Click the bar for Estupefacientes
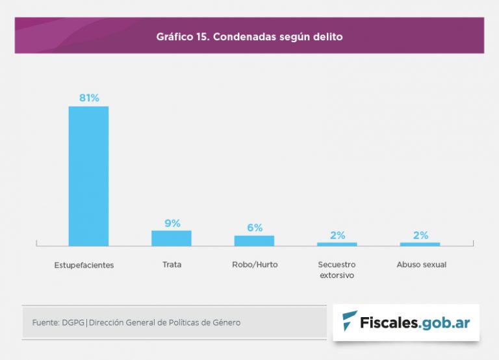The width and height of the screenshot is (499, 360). [88, 175]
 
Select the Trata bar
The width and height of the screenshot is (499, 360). [172, 238]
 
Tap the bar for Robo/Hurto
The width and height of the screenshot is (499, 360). [254, 240]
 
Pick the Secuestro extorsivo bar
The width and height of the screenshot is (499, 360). [337, 244]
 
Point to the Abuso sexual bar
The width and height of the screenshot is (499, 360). [420, 244]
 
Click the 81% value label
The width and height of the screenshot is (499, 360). [89, 98]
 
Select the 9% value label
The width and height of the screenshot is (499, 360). [172, 223]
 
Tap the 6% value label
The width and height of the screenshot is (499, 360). [255, 227]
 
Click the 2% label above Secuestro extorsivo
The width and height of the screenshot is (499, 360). [337, 235]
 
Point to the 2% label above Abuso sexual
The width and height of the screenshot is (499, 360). [420, 235]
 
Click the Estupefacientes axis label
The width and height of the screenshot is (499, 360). [84, 265]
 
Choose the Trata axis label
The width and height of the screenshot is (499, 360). [172, 264]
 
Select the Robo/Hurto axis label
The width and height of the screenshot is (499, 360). [255, 264]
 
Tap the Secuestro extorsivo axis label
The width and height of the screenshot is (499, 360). [337, 270]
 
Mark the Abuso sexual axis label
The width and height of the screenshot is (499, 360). [422, 264]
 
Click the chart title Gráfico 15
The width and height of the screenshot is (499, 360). [249, 36]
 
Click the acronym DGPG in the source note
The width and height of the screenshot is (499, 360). [73, 322]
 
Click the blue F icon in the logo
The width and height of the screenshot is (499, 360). [350, 321]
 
